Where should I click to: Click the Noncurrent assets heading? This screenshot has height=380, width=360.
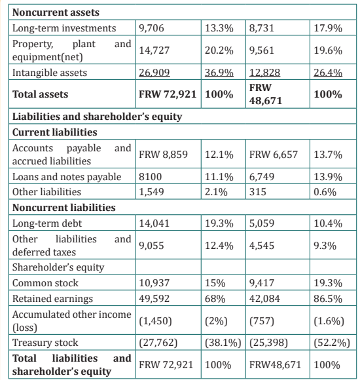pyautogui.click(x=56, y=12)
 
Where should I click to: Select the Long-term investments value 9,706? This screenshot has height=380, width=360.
pyautogui.click(x=151, y=28)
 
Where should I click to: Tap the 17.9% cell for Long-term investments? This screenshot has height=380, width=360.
pyautogui.click(x=328, y=28)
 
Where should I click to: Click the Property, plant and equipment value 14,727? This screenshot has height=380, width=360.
pyautogui.click(x=154, y=50)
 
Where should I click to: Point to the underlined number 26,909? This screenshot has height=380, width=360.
pyautogui.click(x=154, y=73)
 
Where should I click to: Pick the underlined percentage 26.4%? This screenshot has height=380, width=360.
pyautogui.click(x=328, y=73)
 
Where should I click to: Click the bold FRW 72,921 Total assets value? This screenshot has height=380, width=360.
pyautogui.click(x=168, y=94)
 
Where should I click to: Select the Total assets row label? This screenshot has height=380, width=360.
pyautogui.click(x=40, y=94)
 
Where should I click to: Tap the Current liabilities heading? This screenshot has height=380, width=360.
pyautogui.click(x=55, y=132)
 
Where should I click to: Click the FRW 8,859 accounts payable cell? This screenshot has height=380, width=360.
pyautogui.click(x=163, y=155)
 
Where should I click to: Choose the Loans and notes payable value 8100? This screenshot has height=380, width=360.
pyautogui.click(x=150, y=177)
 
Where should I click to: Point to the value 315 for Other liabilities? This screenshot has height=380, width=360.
pyautogui.click(x=258, y=192)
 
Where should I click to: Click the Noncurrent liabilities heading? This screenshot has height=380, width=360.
pyautogui.click(x=64, y=208)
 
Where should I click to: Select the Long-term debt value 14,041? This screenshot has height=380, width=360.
pyautogui.click(x=154, y=223)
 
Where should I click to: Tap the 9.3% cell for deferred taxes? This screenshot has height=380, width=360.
pyautogui.click(x=325, y=246)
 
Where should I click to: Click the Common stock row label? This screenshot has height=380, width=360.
pyautogui.click(x=45, y=283)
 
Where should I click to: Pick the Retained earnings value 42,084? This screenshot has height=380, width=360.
pyautogui.click(x=264, y=299)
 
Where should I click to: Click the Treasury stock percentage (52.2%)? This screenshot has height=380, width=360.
pyautogui.click(x=332, y=343)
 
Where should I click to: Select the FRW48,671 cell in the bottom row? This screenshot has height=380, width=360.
pyautogui.click(x=275, y=365)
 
